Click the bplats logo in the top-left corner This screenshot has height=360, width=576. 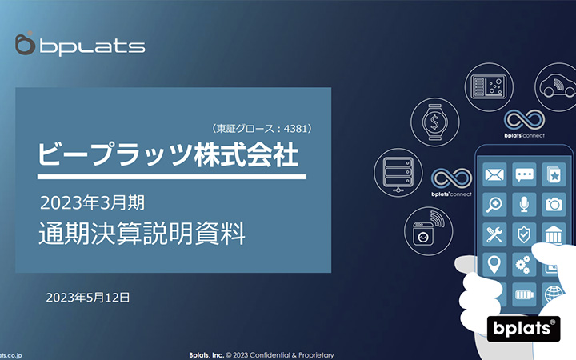tap(80, 45)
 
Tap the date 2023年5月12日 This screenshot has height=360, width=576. tap(88, 297)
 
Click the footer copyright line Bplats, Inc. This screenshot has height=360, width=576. tap(261, 354)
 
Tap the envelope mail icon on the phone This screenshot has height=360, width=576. tap(495, 174)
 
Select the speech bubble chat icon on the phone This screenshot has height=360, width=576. tap(524, 174)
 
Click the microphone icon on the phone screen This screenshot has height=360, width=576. tap(524, 204)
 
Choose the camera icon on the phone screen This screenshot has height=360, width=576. tap(554, 204)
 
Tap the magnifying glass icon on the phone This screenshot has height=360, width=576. tap(495, 204)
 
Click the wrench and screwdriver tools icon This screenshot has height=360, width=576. tap(495, 234)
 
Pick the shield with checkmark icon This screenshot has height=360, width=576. tap(524, 234)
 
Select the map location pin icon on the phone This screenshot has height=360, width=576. tap(495, 263)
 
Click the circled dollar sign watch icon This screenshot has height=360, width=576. tap(434, 122)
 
